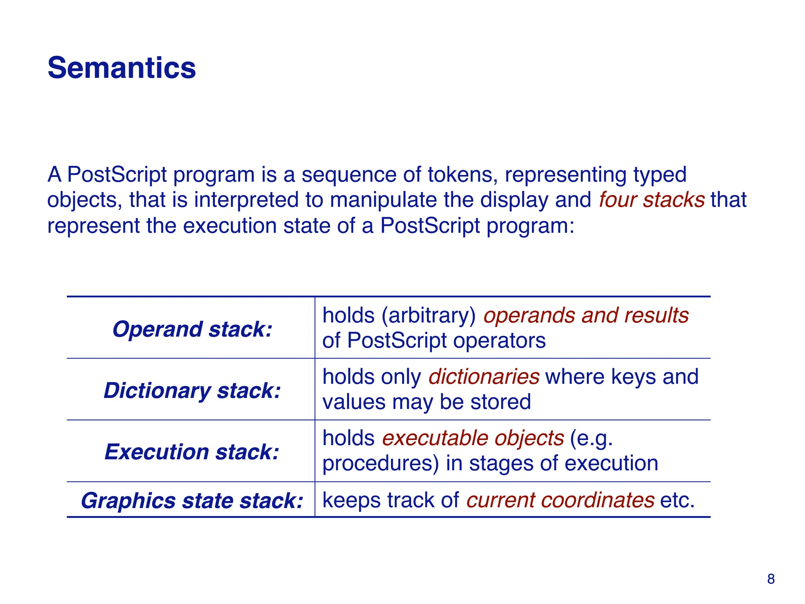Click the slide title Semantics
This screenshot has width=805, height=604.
(121, 68)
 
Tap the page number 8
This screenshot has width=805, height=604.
(770, 579)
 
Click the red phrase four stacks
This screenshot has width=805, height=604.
(651, 200)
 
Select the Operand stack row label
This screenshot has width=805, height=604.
(192, 329)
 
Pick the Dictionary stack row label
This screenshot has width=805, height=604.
(192, 390)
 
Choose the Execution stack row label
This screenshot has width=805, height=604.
(192, 452)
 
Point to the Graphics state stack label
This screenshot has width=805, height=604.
(192, 501)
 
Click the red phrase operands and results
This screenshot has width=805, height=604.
(586, 315)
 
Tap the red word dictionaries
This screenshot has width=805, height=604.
(483, 377)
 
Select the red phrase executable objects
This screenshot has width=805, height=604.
(473, 438)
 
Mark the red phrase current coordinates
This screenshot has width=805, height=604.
(560, 500)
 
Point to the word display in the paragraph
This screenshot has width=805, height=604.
(514, 200)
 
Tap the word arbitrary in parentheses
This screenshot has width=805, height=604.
(428, 315)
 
